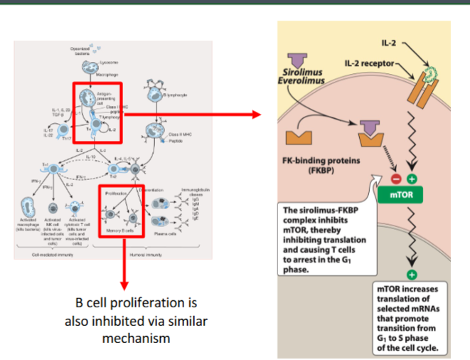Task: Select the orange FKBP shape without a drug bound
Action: pos(301,137)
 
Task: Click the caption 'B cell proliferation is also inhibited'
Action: pos(135,321)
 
